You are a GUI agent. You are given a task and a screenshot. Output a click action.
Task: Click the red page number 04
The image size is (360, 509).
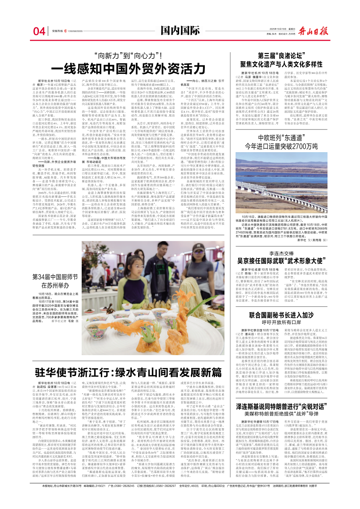pos(39,31)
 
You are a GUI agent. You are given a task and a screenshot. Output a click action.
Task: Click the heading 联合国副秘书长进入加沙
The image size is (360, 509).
pos(293,303)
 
